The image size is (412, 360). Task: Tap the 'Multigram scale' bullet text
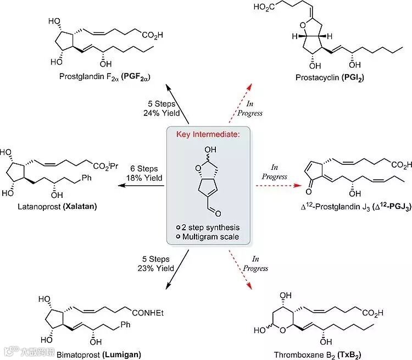click(x=211, y=237)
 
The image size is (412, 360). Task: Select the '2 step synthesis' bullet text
click(x=211, y=227)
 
